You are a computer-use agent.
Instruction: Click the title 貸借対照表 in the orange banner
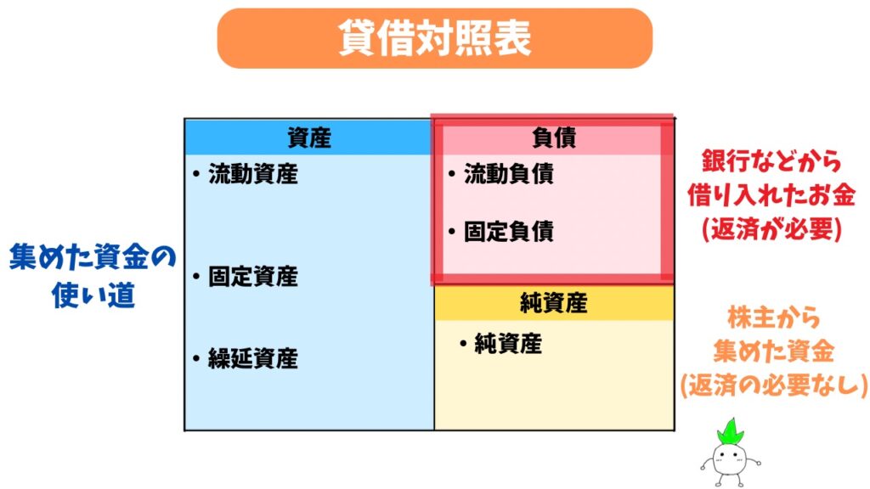coord(434,38)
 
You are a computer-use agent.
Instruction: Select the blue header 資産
coord(308,138)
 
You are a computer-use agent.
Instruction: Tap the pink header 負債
coord(553,138)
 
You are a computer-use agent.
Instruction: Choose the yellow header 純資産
coord(553,302)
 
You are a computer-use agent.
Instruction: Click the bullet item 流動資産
coord(252,175)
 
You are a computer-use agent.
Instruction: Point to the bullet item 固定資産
coord(252,277)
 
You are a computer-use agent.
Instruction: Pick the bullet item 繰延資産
coord(252,358)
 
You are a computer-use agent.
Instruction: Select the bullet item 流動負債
coord(508,175)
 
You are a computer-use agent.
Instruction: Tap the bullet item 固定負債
coord(508,231)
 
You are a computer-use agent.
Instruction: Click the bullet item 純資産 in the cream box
coord(507,344)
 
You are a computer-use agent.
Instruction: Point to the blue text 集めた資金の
coord(92,256)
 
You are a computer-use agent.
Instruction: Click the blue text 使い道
coord(92,296)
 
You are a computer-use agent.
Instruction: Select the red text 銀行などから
coord(771,160)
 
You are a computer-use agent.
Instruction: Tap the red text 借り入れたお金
coord(771,194)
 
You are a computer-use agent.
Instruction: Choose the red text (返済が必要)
coord(771,229)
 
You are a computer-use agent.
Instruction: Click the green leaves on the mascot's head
coord(730,432)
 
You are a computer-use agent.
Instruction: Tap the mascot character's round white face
coord(730,459)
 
